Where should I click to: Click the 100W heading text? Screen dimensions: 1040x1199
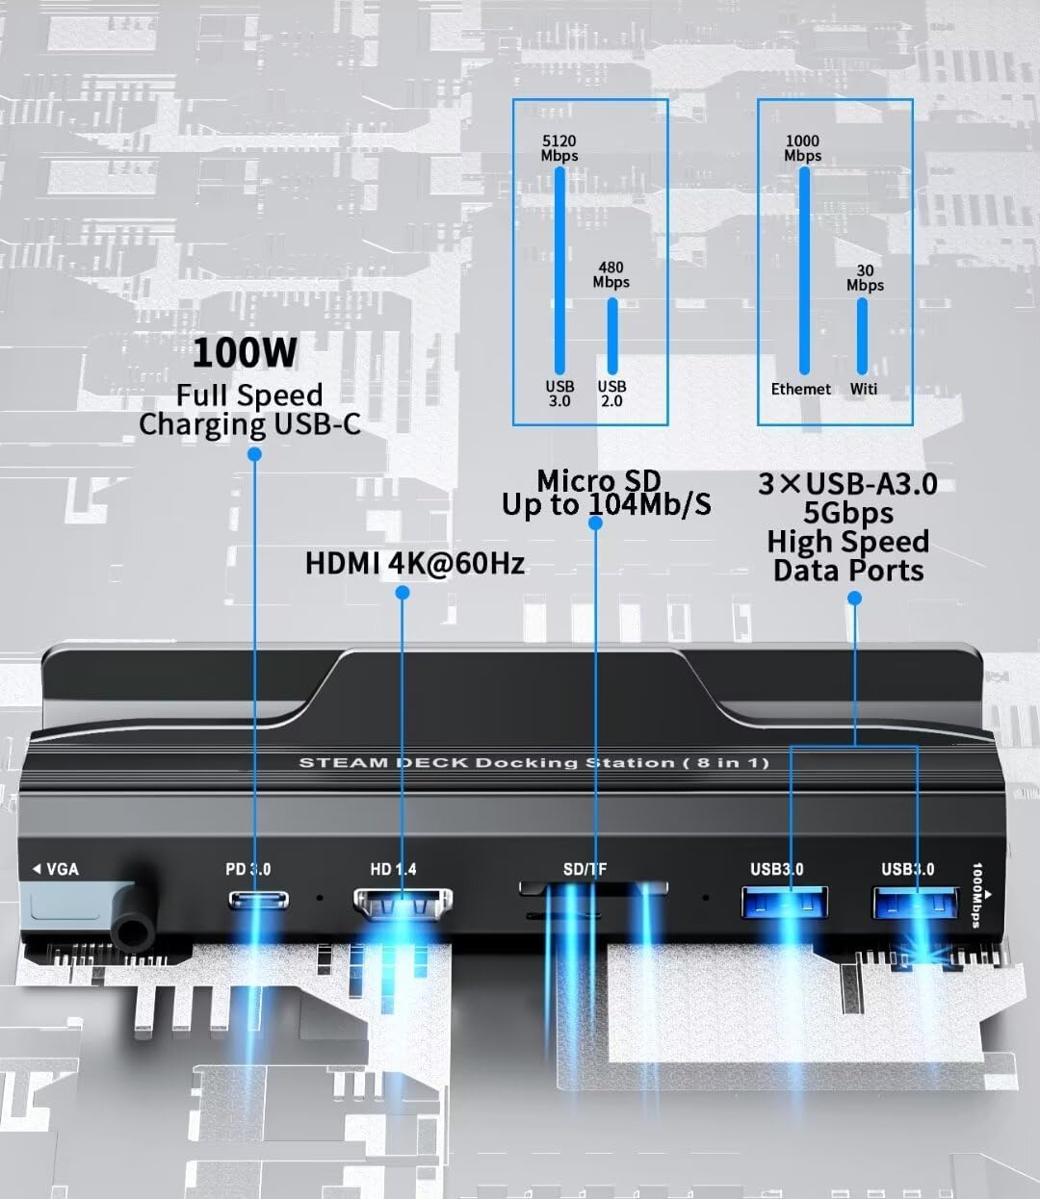tap(245, 352)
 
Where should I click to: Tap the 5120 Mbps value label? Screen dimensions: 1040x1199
tap(559, 148)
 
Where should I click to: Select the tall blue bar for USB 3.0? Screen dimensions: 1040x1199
tap(560, 270)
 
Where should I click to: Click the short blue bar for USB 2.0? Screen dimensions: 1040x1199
tap(612, 336)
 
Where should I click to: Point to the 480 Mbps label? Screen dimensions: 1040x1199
tap(611, 274)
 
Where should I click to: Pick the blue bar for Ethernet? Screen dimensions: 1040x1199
tap(804, 270)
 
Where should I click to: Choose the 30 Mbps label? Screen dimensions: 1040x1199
tap(865, 277)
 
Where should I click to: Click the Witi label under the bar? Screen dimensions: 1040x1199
tap(864, 389)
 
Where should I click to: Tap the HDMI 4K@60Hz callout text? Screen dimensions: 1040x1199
tap(415, 563)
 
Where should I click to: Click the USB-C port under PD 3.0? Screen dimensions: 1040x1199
tap(259, 900)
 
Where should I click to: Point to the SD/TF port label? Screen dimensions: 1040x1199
tap(585, 869)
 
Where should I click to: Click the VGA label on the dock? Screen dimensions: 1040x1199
tap(56, 869)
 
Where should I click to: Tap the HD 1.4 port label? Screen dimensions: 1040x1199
tap(394, 869)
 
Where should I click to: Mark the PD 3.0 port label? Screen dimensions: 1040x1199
tap(248, 869)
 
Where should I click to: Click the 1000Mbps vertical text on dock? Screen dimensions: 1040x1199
tap(977, 895)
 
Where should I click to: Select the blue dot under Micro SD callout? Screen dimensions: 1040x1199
tap(595, 523)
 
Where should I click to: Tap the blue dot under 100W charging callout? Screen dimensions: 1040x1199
tap(254, 454)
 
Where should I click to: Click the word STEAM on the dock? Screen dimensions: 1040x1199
tap(344, 762)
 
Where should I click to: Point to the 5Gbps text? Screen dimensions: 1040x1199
tap(848, 513)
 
